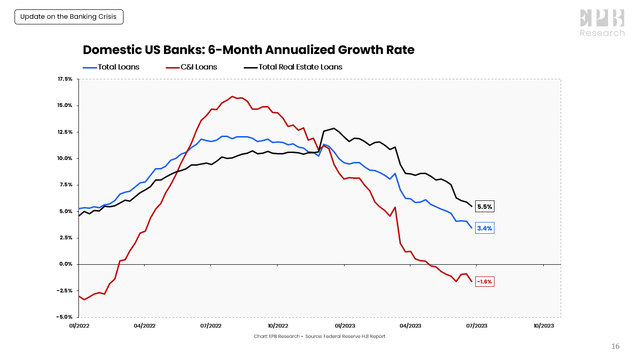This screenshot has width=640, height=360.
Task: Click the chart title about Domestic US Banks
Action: (x=247, y=49)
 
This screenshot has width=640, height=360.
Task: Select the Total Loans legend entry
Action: (x=117, y=67)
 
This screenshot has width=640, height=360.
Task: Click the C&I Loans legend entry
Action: (x=198, y=67)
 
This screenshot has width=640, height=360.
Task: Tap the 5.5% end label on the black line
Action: (x=485, y=206)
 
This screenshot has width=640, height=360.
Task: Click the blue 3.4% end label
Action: (x=485, y=228)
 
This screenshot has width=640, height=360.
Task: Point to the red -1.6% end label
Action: (x=485, y=281)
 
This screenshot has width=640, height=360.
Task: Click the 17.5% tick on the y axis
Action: (x=65, y=78)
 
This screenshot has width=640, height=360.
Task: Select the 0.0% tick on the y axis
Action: (x=65, y=264)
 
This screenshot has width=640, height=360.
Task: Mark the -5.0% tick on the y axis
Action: (x=65, y=317)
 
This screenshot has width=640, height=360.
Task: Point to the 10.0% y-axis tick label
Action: (x=65, y=158)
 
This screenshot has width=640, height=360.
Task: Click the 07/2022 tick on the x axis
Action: (x=210, y=326)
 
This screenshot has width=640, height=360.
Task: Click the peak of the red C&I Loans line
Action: (x=233, y=96)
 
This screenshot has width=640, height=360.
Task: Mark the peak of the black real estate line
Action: (x=333, y=128)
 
